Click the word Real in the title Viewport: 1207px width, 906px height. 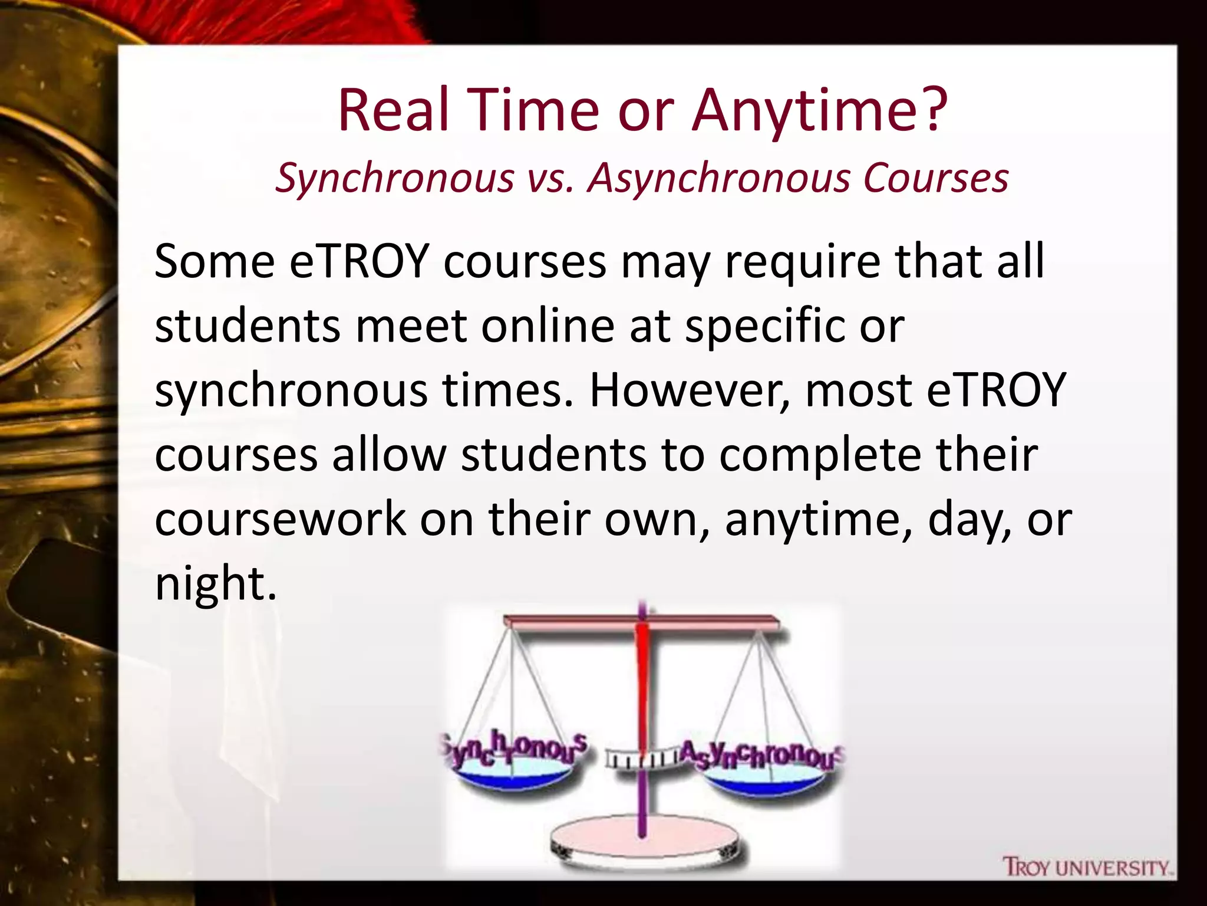click(x=393, y=110)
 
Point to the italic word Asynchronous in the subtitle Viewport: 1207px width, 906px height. click(x=718, y=178)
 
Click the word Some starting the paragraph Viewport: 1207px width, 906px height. click(x=215, y=261)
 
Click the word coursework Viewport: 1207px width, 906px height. click(x=280, y=519)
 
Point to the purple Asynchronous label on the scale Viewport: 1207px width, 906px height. click(x=761, y=756)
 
